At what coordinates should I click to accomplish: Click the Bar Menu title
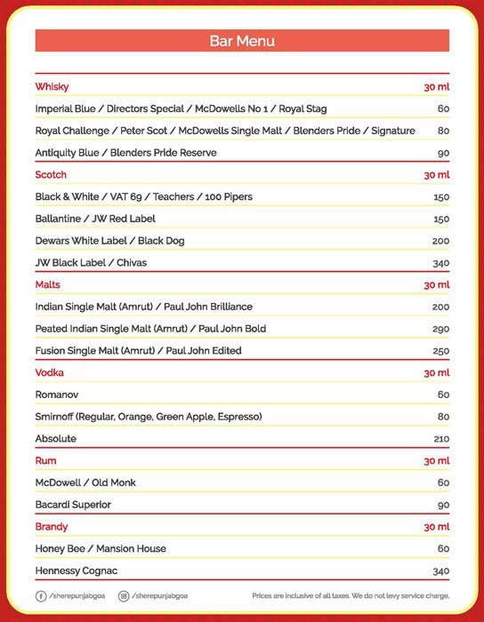241,41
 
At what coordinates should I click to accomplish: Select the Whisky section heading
52,87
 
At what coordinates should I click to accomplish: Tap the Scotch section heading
51,175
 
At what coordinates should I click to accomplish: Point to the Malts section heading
48,284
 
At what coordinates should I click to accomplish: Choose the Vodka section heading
49,372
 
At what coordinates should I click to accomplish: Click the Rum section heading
45,460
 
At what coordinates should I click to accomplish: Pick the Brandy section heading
52,527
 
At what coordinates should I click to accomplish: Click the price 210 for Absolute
441,439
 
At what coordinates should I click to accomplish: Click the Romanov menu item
56,395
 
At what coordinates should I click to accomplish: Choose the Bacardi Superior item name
73,505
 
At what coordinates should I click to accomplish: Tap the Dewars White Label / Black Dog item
109,241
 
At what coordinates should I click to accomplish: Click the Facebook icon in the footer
41,595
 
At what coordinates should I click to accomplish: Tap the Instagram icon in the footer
124,595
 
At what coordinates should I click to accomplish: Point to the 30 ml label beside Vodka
436,372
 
